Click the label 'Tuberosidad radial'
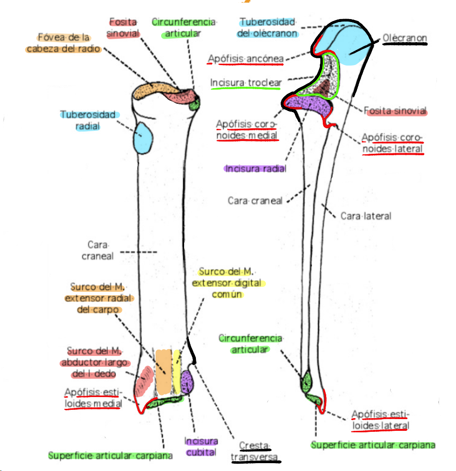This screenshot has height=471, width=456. coord(88,120)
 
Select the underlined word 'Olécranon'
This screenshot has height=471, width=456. coord(405,38)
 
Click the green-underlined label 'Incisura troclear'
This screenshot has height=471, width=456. coord(245,83)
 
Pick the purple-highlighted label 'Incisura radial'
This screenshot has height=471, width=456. coord(255,168)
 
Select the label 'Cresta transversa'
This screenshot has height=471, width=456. coord(255,451)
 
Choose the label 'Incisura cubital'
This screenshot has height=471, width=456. coord(201,447)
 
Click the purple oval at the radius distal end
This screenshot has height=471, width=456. coord(187,382)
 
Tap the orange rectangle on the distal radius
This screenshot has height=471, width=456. coord(164,372)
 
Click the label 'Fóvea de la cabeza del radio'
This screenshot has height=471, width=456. coord(64,43)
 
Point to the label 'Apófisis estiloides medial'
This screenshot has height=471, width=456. coord(92,398)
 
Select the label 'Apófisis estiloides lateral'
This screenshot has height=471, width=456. coord(380,420)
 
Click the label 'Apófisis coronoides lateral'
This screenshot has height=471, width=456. coord(392,142)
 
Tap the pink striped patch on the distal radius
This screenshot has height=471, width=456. coord(145,380)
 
